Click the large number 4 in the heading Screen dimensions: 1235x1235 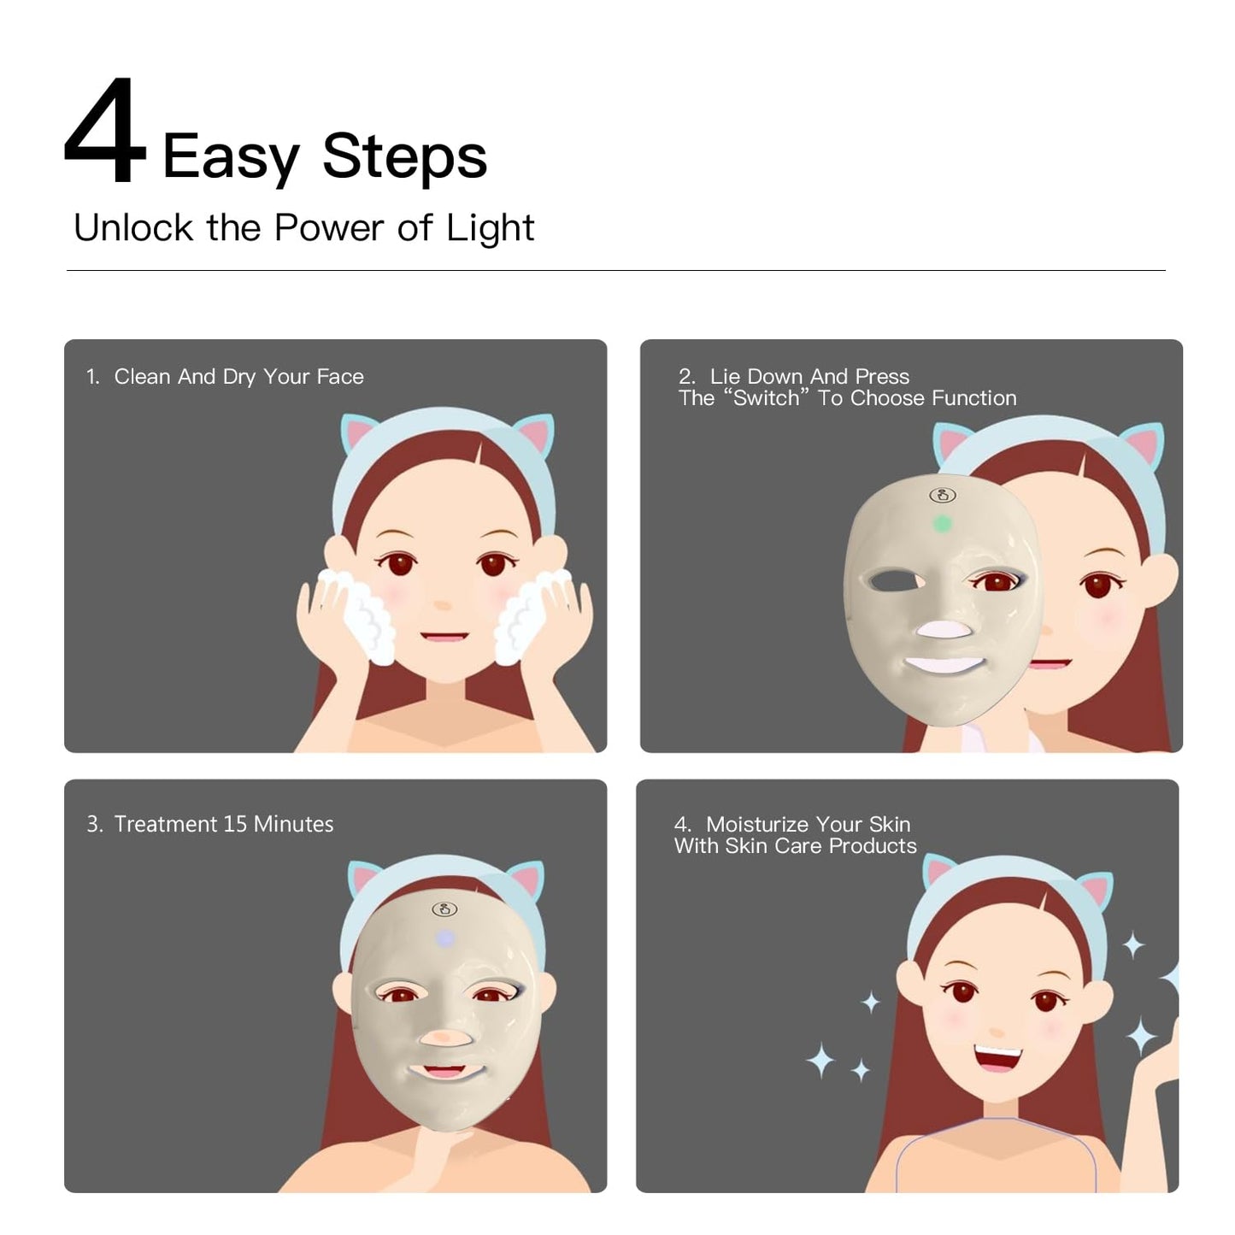click(x=104, y=132)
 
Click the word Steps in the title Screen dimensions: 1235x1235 click(x=403, y=158)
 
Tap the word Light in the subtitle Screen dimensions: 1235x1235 click(x=490, y=228)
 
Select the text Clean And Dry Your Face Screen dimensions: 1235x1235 click(x=238, y=377)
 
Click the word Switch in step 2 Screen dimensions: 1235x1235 click(x=766, y=398)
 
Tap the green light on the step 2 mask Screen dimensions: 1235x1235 click(x=941, y=523)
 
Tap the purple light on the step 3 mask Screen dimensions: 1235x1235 click(x=444, y=938)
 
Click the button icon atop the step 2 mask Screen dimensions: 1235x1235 click(x=942, y=495)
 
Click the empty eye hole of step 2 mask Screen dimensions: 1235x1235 click(x=894, y=582)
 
